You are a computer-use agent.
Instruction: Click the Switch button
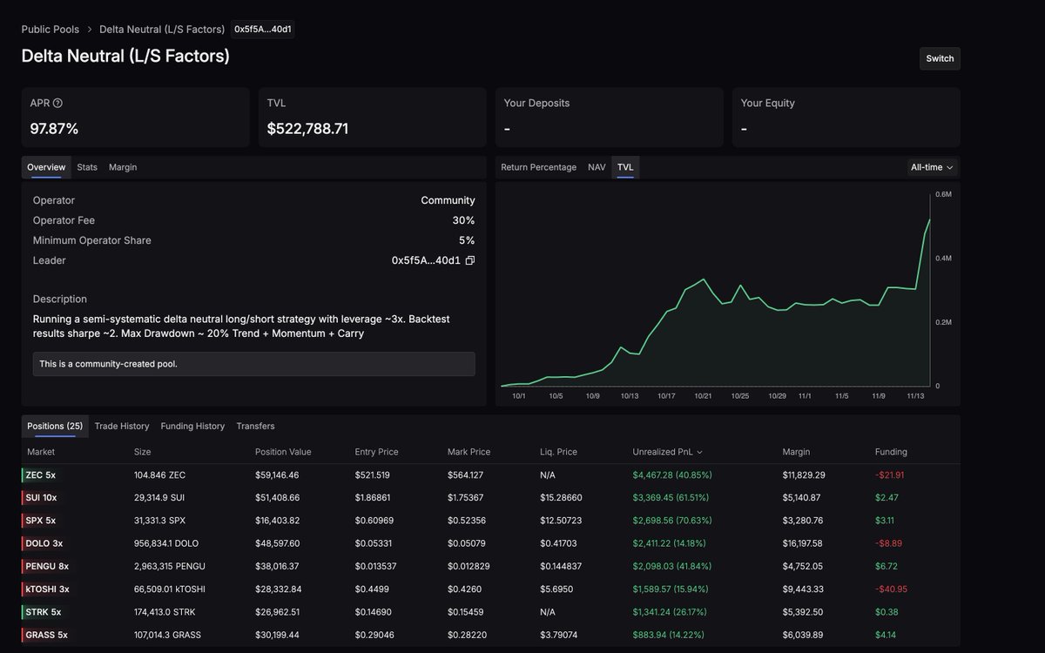pyautogui.click(x=940, y=58)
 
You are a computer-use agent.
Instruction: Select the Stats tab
pyautogui.click(x=87, y=167)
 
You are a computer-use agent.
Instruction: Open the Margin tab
pyautogui.click(x=123, y=167)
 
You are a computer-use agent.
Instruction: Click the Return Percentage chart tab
pyautogui.click(x=538, y=167)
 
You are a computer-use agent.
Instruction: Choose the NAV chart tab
pyautogui.click(x=597, y=167)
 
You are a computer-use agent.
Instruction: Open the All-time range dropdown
pyautogui.click(x=932, y=167)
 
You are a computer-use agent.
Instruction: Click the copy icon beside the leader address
pyautogui.click(x=470, y=260)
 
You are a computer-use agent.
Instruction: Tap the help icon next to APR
pyautogui.click(x=57, y=104)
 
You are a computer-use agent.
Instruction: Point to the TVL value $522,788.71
pyautogui.click(x=307, y=129)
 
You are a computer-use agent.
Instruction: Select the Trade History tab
pyautogui.click(x=122, y=426)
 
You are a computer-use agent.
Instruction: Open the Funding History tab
pyautogui.click(x=192, y=426)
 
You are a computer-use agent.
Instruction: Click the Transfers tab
pyautogui.click(x=255, y=426)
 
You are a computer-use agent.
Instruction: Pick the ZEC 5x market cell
pyautogui.click(x=41, y=475)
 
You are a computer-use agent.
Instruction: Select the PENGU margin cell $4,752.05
pyautogui.click(x=801, y=567)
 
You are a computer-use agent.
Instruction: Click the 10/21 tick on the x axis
pyautogui.click(x=704, y=396)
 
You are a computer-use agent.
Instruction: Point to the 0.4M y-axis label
pyautogui.click(x=943, y=259)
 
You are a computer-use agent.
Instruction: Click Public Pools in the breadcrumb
pyautogui.click(x=51, y=30)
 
